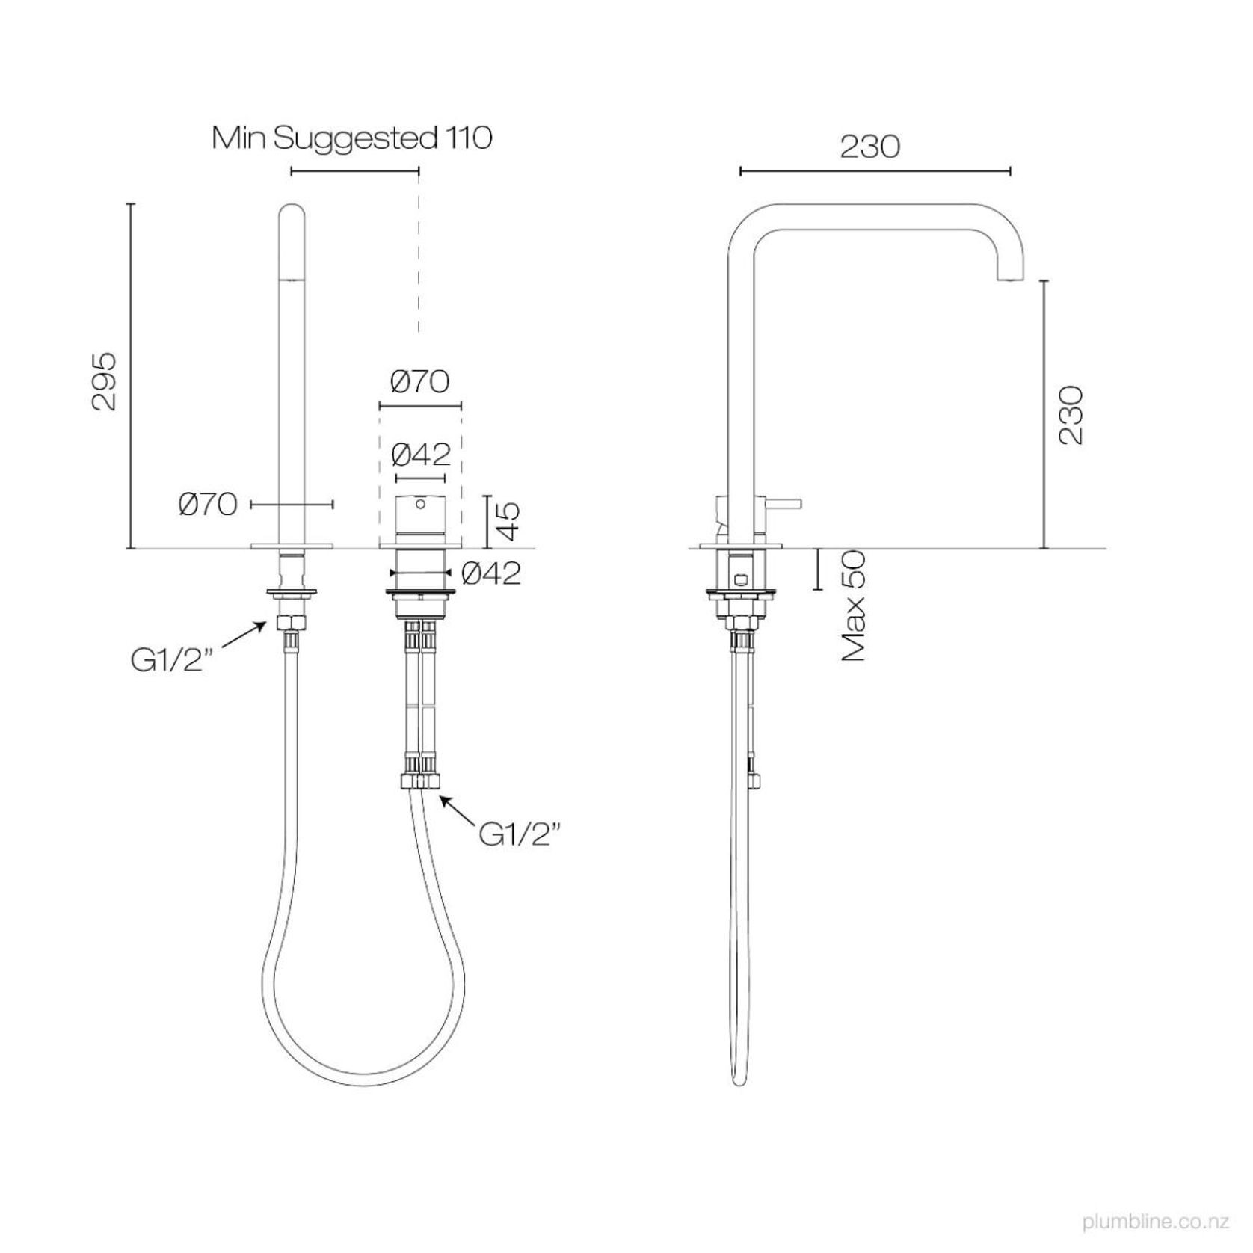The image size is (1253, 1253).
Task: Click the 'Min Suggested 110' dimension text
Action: [352, 138]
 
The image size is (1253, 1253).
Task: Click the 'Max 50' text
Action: [853, 606]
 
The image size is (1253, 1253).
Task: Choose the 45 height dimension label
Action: [509, 521]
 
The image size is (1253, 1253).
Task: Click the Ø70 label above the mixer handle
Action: [420, 382]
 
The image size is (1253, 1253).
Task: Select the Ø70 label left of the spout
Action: [209, 505]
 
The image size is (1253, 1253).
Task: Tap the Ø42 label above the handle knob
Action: [422, 454]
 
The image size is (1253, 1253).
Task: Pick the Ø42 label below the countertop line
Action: [491, 573]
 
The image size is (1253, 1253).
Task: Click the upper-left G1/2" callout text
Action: [167, 661]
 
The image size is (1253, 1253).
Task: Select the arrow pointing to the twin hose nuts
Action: [458, 811]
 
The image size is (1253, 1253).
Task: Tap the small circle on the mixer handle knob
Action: [422, 505]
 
